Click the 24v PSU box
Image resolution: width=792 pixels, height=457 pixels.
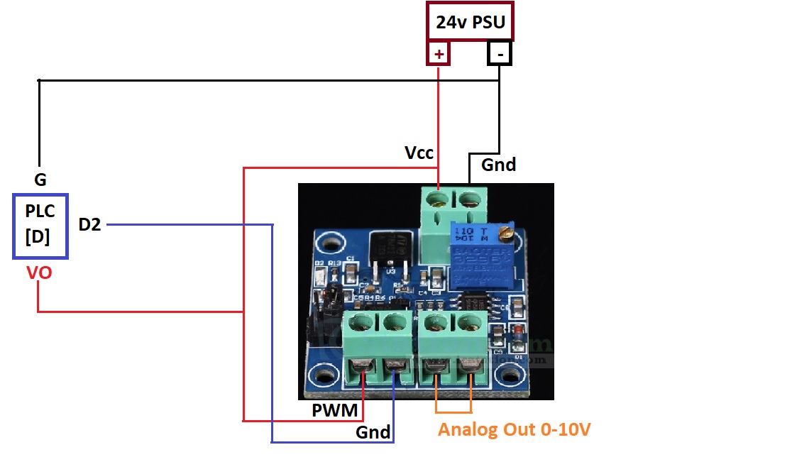[470, 22]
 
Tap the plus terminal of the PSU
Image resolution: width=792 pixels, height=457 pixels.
[439, 54]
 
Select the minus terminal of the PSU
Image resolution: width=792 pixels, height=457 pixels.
[500, 54]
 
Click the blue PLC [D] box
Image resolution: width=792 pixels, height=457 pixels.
[40, 226]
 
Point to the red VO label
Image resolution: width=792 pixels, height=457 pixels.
[38, 272]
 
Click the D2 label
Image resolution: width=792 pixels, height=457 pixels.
[89, 225]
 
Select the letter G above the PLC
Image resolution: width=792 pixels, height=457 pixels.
[40, 180]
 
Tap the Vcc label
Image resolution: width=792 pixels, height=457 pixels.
[419, 153]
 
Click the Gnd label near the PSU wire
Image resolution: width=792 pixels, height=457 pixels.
[498, 165]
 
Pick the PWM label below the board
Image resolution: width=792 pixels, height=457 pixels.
[334, 410]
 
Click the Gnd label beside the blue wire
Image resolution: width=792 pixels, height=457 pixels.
[373, 432]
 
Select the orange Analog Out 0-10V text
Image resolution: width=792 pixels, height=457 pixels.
[515, 429]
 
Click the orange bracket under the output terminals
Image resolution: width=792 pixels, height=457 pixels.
[453, 412]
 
